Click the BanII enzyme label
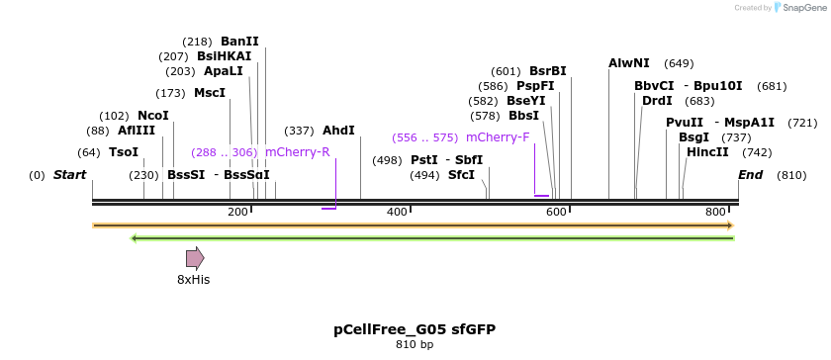(x=239, y=42)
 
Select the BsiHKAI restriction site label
(x=224, y=56)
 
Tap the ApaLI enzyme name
(x=223, y=71)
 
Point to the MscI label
(x=210, y=93)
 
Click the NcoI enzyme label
(x=153, y=116)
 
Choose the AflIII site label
(x=137, y=131)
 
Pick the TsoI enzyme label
(x=124, y=152)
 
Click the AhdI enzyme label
(x=338, y=131)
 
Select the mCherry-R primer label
(x=297, y=152)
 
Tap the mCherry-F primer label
(x=498, y=137)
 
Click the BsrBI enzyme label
(x=548, y=71)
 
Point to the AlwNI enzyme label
(x=629, y=63)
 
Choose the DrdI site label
(x=657, y=101)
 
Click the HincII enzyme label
(x=707, y=152)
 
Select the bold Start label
(x=70, y=175)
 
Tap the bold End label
(x=751, y=175)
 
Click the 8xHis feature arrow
(x=195, y=258)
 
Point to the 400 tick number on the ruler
(x=397, y=213)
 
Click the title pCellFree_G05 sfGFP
(x=415, y=329)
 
